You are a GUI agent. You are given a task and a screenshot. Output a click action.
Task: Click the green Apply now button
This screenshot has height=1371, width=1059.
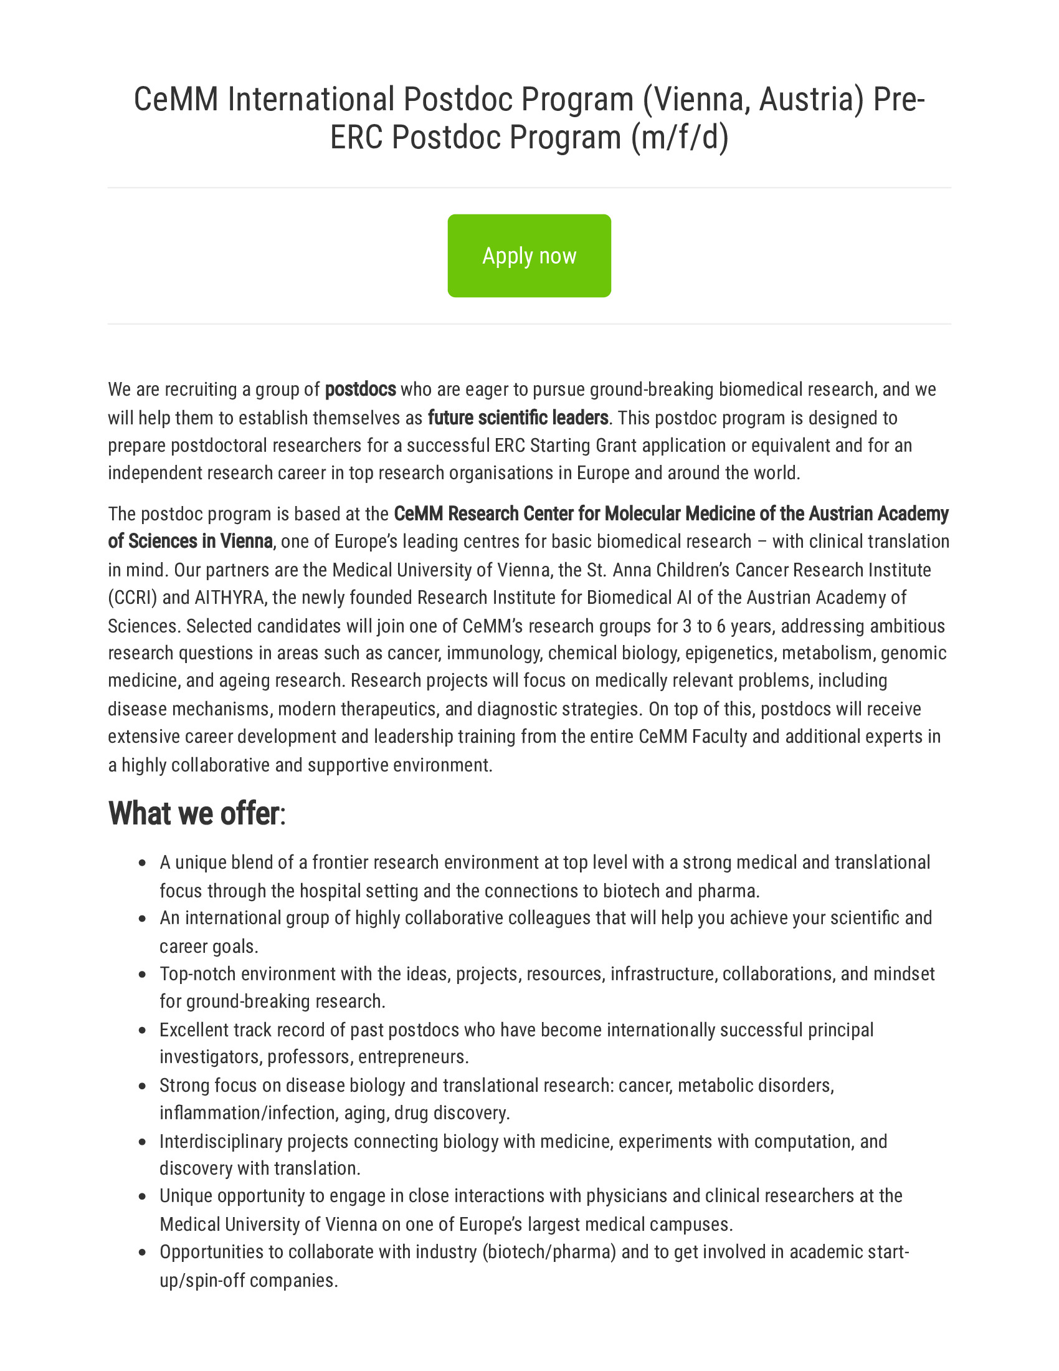pos(529,256)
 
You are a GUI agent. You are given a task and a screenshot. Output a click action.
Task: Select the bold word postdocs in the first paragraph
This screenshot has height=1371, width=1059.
pos(360,389)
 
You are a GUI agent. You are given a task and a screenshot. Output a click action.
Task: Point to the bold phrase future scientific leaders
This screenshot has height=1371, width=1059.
pos(518,418)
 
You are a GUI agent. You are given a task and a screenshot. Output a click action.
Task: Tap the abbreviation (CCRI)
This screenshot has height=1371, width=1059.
pos(132,597)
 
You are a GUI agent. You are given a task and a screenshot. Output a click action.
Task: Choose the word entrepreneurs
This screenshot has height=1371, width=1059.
pos(414,1056)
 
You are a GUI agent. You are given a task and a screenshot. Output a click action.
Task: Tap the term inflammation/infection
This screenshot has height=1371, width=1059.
pos(249,1112)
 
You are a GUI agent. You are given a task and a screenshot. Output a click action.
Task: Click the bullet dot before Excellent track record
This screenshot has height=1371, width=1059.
pos(143,1031)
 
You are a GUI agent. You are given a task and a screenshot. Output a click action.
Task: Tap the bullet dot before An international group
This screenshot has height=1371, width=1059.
pos(143,919)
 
